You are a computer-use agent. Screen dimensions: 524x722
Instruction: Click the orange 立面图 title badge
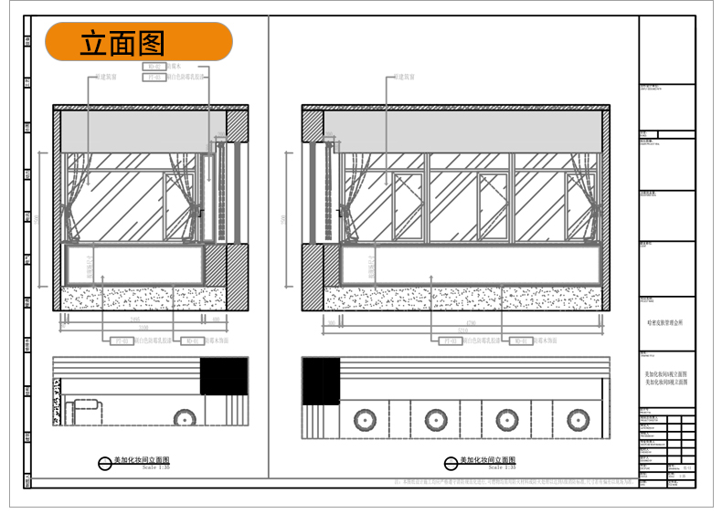pos(139,42)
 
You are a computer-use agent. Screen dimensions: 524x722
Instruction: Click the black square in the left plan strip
pos(224,376)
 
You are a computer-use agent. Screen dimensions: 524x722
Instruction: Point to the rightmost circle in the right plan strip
pos(577,421)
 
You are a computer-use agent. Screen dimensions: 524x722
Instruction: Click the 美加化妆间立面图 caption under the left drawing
pos(141,461)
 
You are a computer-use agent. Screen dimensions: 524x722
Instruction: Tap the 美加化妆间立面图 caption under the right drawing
pos(488,461)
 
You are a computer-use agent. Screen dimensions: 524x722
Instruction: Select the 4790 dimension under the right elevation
pos(472,323)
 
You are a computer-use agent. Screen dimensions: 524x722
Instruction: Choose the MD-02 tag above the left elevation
pos(155,67)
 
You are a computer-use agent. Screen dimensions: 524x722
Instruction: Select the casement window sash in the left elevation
pos(179,207)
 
